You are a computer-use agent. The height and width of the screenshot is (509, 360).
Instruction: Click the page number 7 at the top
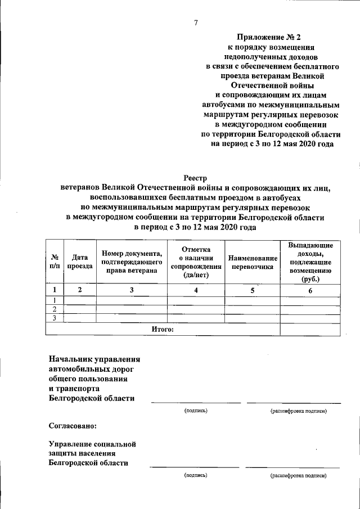coord(196,22)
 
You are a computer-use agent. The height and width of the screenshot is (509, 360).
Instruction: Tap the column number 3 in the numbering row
coord(132,290)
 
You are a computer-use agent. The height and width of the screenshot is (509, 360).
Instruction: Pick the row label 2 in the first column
coord(55,309)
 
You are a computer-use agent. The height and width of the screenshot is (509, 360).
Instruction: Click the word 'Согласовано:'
coord(73,426)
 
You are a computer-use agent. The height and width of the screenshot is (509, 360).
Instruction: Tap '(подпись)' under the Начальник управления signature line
coord(196,411)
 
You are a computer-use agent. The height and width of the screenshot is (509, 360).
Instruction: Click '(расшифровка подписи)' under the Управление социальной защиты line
coord(298,475)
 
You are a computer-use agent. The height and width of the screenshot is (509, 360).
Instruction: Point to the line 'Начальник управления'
coord(94,358)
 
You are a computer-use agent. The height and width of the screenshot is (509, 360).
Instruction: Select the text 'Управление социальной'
coord(92,444)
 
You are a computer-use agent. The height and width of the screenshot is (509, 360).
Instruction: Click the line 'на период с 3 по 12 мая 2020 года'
coord(272,144)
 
